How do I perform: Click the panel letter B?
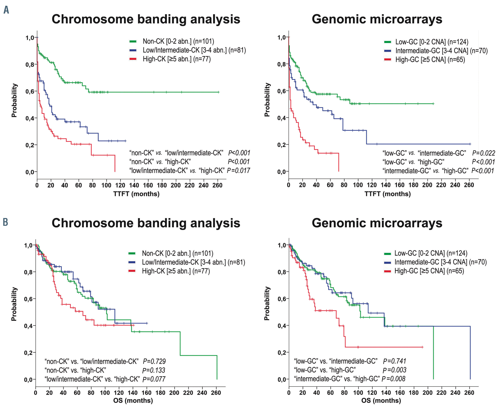click(6, 222)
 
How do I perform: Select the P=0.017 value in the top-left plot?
click(238, 171)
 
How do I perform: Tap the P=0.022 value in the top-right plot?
click(483, 153)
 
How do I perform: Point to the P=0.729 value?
click(154, 361)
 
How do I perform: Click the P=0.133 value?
click(154, 370)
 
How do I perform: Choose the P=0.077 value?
click(154, 379)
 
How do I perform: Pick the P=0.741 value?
click(394, 361)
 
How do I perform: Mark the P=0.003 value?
click(394, 370)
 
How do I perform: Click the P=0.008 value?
click(393, 379)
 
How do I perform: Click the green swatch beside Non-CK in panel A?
click(133, 42)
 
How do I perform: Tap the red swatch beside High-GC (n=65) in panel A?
click(387, 60)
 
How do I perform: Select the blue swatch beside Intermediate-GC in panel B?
click(387, 262)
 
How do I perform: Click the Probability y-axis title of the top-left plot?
click(14, 100)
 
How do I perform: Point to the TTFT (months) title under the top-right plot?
click(387, 194)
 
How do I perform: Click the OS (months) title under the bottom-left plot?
click(133, 400)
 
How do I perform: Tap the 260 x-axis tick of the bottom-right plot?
click(469, 392)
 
